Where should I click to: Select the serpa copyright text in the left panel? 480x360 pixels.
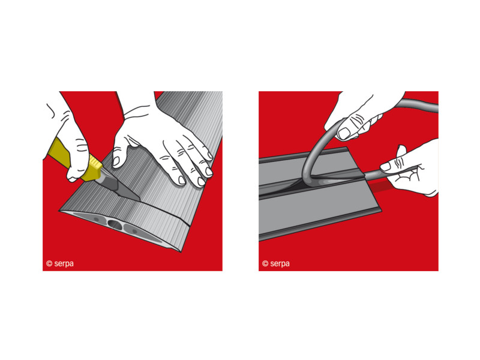click(x=60, y=263)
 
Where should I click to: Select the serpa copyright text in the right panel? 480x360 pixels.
click(x=276, y=263)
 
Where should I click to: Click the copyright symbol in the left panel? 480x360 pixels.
click(x=49, y=263)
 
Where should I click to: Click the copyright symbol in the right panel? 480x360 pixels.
click(x=265, y=263)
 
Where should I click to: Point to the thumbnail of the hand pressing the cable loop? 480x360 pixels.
click(x=344, y=133)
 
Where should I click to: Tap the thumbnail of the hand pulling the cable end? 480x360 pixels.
click(x=385, y=167)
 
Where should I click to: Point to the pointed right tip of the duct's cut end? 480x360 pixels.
click(x=181, y=251)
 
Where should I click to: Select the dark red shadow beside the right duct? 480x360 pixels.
click(x=380, y=186)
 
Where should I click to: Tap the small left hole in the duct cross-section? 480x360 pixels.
click(x=96, y=219)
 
